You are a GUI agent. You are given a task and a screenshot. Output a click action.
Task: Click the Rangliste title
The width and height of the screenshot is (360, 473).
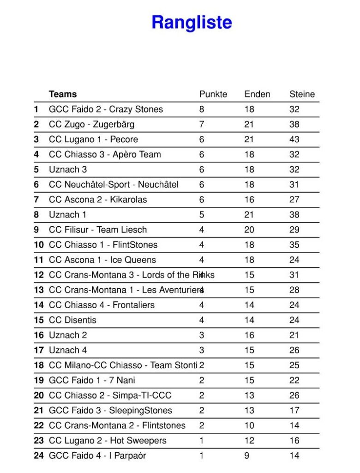click(192, 22)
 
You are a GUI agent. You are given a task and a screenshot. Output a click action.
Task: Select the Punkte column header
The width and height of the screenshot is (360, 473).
click(213, 94)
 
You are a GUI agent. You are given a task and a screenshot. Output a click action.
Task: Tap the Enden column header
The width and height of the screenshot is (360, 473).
click(257, 94)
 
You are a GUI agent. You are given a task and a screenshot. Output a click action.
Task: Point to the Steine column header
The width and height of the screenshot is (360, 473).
click(302, 94)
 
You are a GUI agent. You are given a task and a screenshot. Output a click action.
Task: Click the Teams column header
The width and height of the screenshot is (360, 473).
click(63, 94)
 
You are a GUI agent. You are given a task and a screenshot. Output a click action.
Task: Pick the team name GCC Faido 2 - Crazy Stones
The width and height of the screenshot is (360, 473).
click(106, 109)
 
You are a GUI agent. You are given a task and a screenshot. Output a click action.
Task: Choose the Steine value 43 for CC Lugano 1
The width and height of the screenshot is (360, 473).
click(294, 139)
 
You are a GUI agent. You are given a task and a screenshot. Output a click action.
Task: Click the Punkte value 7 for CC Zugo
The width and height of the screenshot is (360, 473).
click(202, 124)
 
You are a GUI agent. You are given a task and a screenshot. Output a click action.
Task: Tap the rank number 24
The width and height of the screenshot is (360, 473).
click(39, 455)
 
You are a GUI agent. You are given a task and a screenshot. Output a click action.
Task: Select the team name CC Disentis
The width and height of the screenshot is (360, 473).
click(72, 320)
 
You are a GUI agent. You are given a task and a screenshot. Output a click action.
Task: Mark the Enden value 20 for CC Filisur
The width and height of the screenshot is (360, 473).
click(249, 230)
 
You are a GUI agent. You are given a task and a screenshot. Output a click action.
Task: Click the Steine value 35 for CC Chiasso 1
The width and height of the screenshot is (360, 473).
click(294, 245)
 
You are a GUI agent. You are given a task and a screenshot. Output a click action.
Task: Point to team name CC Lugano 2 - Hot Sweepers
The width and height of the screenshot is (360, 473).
click(108, 440)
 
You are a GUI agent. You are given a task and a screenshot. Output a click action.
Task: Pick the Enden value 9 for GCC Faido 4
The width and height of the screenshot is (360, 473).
click(247, 455)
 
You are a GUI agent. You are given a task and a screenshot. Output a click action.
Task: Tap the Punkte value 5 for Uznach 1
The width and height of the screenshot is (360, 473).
click(202, 215)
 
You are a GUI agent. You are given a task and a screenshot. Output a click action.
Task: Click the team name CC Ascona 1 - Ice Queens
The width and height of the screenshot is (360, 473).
click(102, 260)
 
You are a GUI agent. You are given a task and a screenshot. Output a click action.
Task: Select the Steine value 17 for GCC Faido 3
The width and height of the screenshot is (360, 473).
click(294, 410)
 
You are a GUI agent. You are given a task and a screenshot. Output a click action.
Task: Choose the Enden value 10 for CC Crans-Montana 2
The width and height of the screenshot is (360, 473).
click(249, 425)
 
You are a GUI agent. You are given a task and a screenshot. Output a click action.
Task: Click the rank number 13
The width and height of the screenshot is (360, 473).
click(39, 290)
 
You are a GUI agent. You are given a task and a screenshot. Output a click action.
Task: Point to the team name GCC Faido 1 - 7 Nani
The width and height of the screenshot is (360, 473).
click(92, 380)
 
